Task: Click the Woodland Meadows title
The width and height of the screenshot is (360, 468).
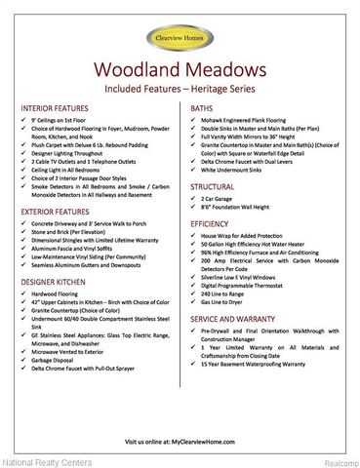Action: click(180, 71)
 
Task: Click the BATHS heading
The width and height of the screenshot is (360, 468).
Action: click(202, 108)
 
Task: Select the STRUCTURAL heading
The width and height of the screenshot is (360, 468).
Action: click(212, 185)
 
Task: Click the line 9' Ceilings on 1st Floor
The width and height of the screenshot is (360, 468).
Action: click(68, 121)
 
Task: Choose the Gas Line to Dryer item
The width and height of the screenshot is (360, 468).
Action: click(230, 305)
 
